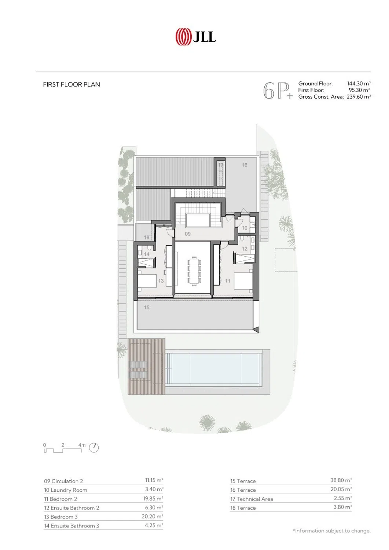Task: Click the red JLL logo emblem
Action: [x=183, y=37]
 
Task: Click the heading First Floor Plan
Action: [x=71, y=85]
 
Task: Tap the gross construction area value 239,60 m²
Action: [x=359, y=97]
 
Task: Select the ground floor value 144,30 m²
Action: [x=359, y=84]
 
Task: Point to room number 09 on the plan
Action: [x=188, y=234]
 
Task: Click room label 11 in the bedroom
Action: [x=227, y=280]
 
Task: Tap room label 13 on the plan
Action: [x=161, y=280]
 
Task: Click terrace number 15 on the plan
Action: [x=147, y=307]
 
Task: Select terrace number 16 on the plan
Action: [x=244, y=165]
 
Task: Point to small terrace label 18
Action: [x=147, y=238]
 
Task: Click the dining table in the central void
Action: [x=194, y=271]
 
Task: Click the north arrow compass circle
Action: [x=93, y=448]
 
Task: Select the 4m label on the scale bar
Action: [x=82, y=445]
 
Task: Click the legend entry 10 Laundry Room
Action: [x=66, y=490]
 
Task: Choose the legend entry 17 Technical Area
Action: [x=252, y=499]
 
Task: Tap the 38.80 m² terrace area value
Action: [x=341, y=480]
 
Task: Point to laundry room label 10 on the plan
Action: [x=244, y=228]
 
